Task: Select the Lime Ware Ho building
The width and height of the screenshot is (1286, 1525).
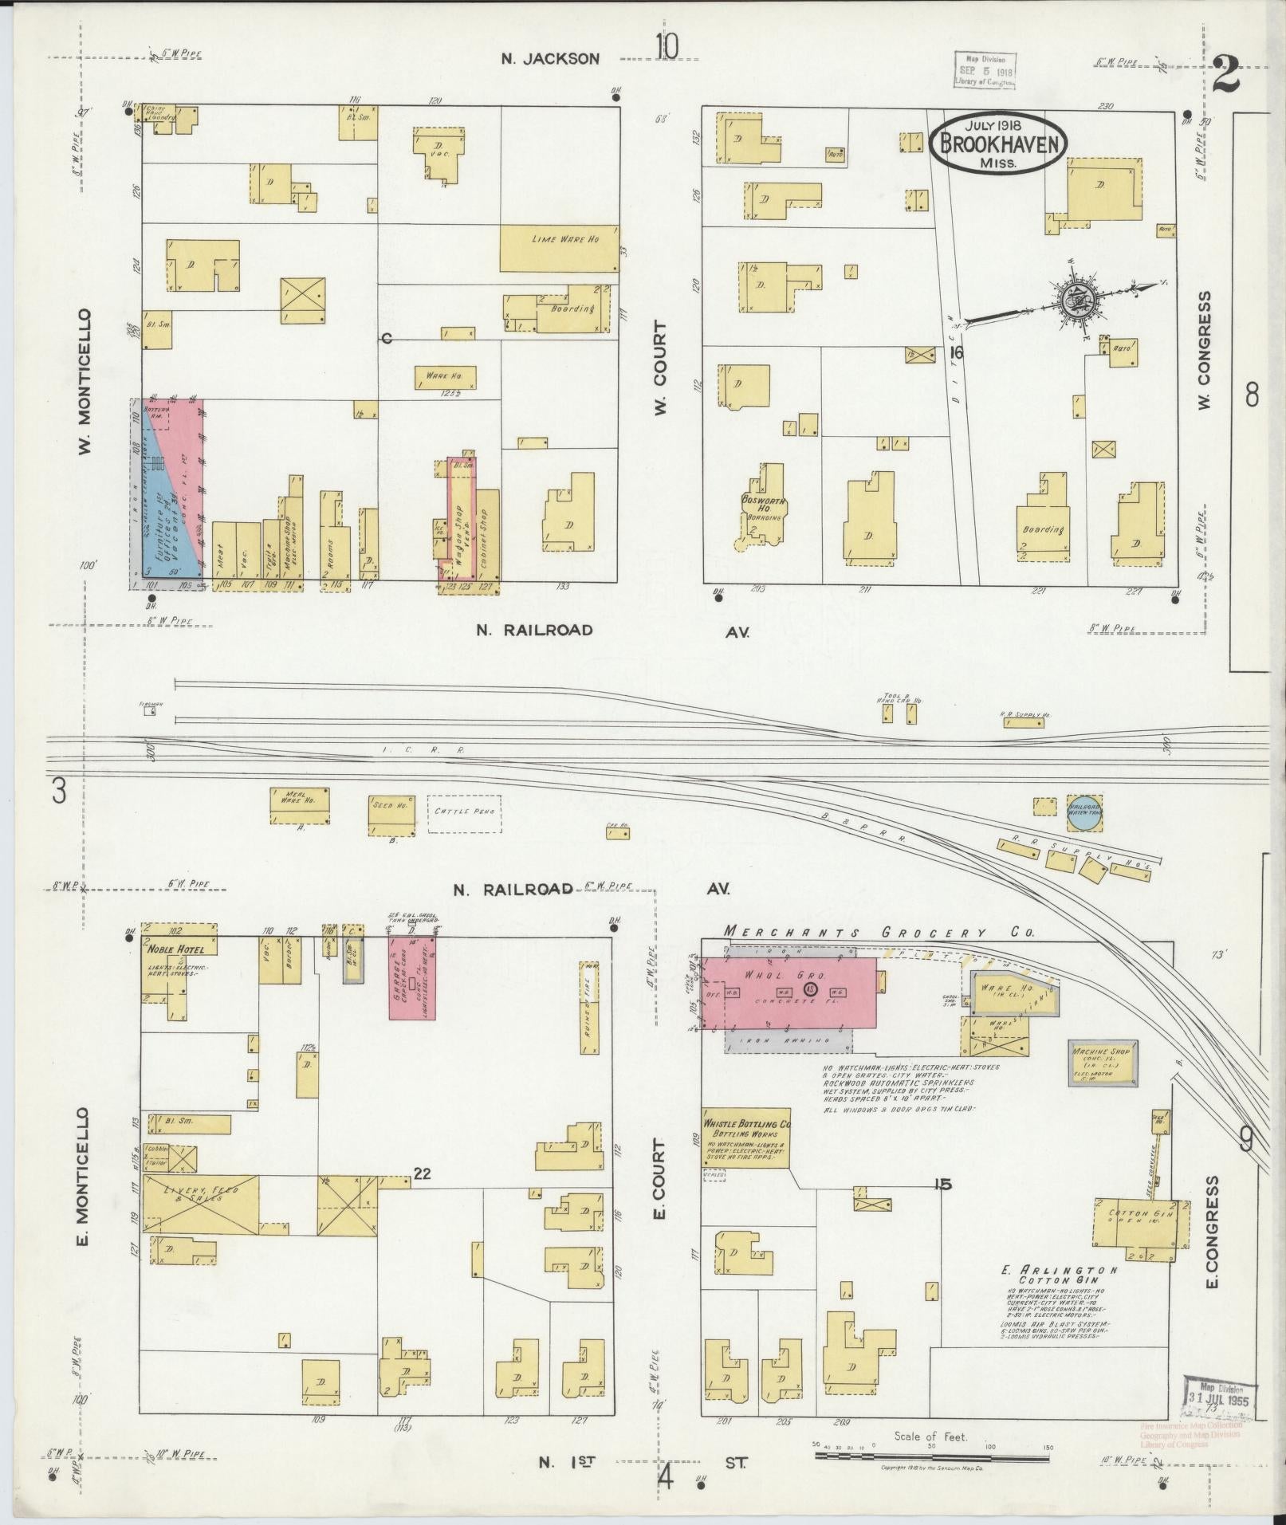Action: [559, 248]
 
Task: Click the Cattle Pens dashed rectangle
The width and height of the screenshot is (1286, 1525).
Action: [465, 814]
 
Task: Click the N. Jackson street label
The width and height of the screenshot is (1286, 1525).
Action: [550, 58]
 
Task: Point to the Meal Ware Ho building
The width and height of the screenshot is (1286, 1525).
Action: [299, 805]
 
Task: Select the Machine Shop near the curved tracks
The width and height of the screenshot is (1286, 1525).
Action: [1103, 1063]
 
